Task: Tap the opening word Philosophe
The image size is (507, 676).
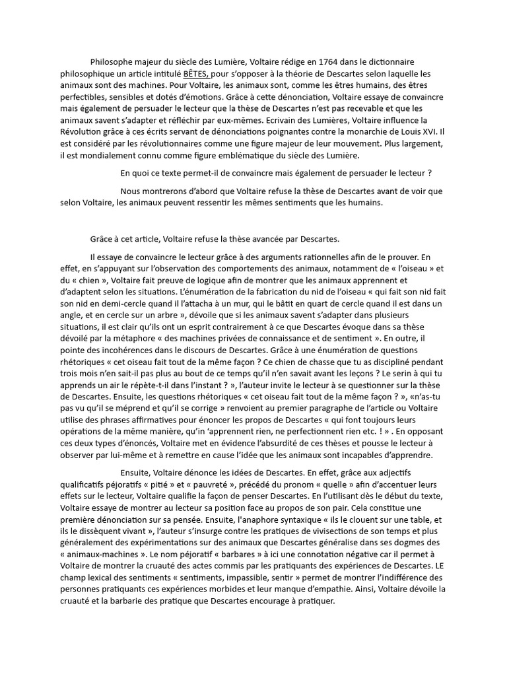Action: click(x=113, y=61)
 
